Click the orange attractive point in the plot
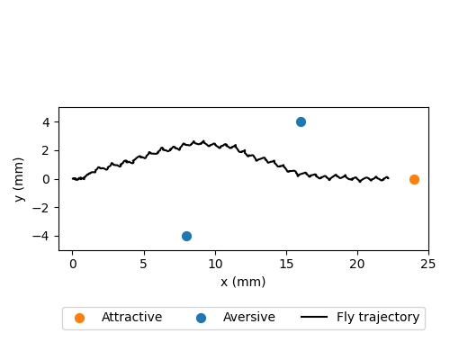414,179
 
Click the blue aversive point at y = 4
301,121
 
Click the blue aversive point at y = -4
186,236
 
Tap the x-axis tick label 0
73,264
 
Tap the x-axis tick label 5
144,264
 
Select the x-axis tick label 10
215,264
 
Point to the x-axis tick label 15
286,264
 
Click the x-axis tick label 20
357,264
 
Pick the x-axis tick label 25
428,264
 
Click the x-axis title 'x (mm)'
243,282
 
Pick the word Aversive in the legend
250,318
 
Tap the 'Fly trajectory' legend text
378,318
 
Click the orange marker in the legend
80,318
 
